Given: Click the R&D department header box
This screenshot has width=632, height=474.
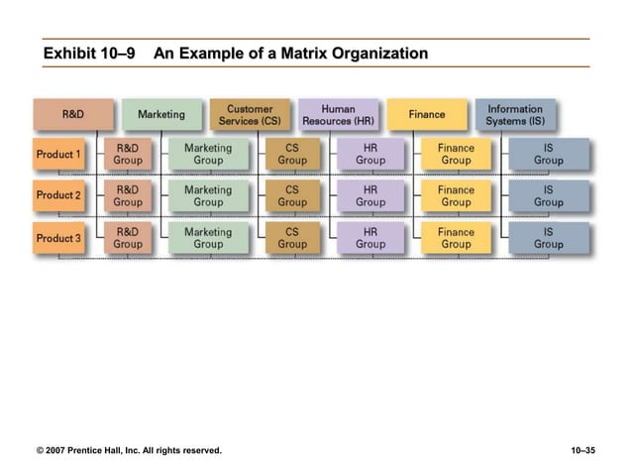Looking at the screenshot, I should (73, 114).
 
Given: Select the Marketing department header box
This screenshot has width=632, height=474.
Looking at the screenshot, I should (161, 114).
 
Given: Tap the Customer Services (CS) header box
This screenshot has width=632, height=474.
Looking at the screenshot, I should (251, 114).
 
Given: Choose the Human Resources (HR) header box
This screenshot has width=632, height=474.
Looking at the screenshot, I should (339, 114).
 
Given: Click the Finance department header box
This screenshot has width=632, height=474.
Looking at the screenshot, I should (427, 114).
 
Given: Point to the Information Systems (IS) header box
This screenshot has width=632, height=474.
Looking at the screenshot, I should (515, 114).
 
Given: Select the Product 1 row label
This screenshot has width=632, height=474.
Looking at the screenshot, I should (58, 155).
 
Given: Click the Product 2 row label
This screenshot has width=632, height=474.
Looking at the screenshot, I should (58, 195).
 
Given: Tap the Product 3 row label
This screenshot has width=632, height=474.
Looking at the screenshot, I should (58, 238).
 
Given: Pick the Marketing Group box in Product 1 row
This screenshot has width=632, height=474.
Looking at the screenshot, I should (208, 154).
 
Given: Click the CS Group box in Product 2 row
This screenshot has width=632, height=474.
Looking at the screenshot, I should (292, 195).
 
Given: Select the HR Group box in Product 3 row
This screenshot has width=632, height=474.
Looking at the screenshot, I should (370, 238).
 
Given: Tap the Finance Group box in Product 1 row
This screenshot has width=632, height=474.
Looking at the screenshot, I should (457, 154).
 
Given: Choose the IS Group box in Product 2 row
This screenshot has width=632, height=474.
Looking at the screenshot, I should (549, 195).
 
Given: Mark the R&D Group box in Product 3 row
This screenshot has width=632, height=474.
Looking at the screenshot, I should (128, 238).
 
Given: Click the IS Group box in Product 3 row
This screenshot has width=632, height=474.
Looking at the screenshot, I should (549, 238).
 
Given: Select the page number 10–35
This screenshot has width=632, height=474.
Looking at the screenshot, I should (583, 452).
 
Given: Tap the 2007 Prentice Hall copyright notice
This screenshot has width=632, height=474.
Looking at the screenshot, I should (129, 452).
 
